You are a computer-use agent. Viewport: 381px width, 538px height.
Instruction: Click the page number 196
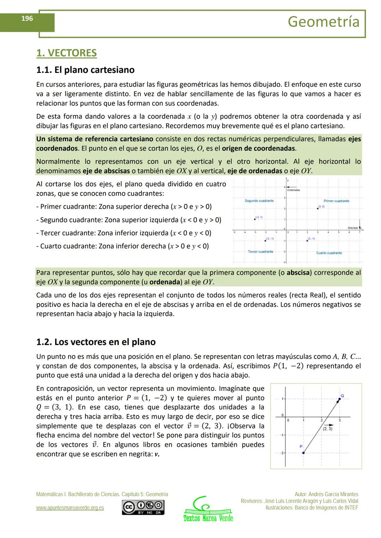(27, 19)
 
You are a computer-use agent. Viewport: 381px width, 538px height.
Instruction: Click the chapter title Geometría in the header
(323, 22)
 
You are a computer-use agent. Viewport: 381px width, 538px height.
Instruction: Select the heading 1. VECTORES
(66, 53)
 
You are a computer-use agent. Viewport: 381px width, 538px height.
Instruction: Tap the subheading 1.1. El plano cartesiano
(85, 70)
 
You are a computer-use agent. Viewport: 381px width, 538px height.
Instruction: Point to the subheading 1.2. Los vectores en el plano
(96, 342)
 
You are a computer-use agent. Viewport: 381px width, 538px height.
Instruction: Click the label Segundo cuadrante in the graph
(259, 201)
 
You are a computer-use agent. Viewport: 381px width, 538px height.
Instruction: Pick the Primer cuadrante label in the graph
(336, 201)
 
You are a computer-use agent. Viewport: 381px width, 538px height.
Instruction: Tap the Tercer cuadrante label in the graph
(260, 252)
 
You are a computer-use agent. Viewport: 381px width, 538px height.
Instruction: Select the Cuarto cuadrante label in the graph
(329, 253)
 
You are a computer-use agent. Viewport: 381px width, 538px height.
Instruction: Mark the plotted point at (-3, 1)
(255, 219)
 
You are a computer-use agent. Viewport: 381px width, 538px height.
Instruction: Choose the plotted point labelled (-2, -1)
(265, 241)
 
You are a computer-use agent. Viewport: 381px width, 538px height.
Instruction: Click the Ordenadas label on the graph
(293, 190)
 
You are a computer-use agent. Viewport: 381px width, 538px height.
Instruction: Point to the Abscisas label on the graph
(352, 228)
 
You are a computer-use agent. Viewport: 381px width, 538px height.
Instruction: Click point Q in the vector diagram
(340, 399)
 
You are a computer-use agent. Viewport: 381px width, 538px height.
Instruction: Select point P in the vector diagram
(303, 453)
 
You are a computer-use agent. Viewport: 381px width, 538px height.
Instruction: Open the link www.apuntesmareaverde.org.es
(70, 508)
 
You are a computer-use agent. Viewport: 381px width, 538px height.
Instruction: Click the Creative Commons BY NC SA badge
(143, 507)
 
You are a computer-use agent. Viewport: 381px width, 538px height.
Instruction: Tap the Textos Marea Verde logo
(208, 509)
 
